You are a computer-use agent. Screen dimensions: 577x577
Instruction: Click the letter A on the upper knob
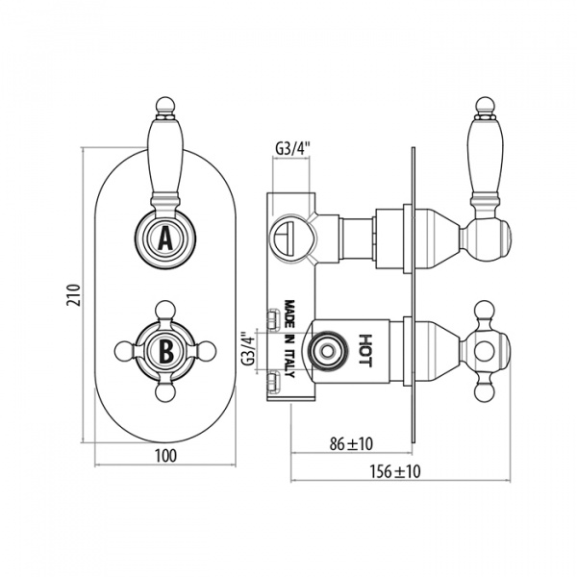coord(165,238)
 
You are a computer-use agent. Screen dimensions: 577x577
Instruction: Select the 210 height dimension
coord(73,294)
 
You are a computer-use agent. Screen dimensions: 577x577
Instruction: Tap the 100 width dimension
coord(165,456)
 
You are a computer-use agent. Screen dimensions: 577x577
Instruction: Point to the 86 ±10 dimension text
coord(351,443)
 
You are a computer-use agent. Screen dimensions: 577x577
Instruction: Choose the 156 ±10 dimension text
coord(395,471)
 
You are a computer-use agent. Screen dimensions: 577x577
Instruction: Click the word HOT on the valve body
coord(364,350)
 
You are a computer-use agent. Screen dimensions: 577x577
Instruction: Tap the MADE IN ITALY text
coord(290,339)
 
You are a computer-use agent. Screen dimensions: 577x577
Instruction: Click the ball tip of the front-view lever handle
coord(164,105)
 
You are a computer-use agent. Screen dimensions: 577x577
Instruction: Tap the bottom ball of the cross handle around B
coord(164,392)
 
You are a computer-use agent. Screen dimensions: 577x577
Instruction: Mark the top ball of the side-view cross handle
coord(484,310)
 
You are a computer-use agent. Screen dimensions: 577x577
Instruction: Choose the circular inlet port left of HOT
coord(326,351)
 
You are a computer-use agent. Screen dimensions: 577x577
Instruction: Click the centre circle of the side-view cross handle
coord(484,351)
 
